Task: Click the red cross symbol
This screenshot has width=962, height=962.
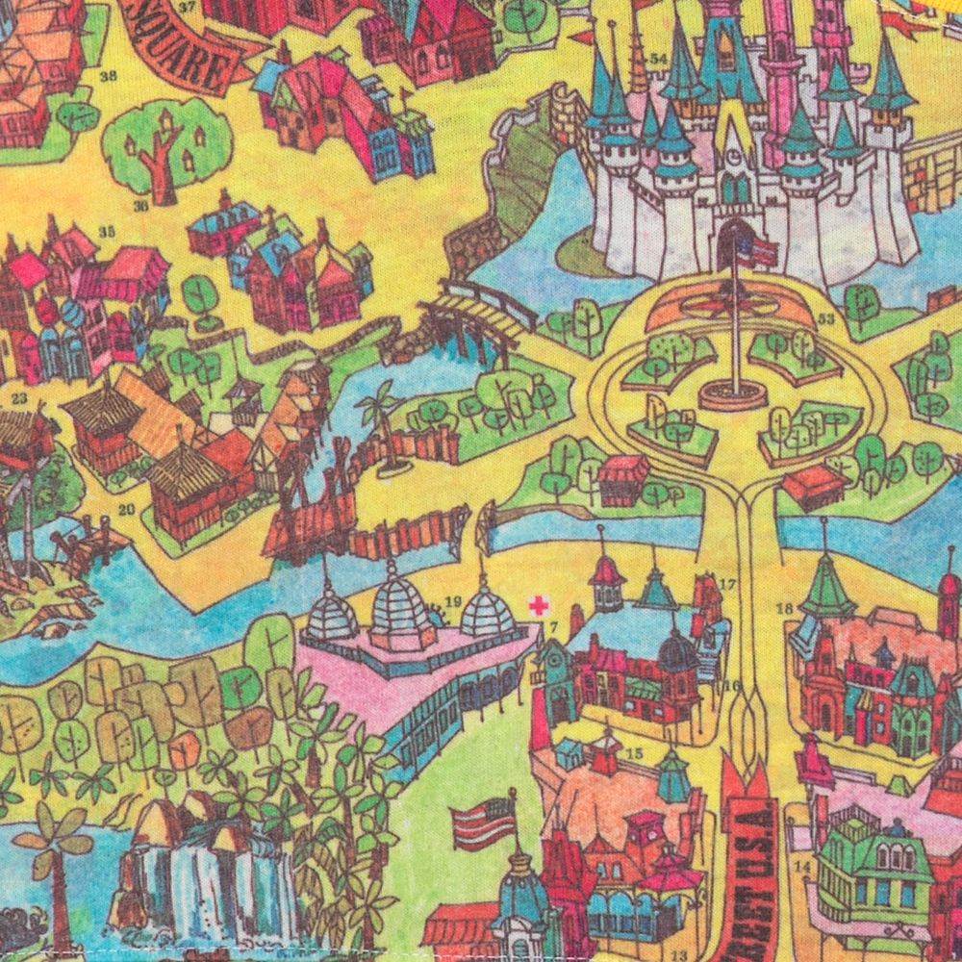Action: pos(539,605)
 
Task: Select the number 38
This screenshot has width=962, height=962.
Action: pos(108,77)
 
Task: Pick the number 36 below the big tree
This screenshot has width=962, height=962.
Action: pos(141,206)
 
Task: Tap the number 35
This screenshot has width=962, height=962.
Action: pos(107,230)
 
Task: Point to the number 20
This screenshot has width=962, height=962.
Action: pos(126,509)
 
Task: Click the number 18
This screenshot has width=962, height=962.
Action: pos(784,607)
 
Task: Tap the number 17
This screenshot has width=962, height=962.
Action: pos(727,584)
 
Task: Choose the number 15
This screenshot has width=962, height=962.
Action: pos(634,752)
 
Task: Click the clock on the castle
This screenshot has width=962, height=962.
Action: pos(735,155)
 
